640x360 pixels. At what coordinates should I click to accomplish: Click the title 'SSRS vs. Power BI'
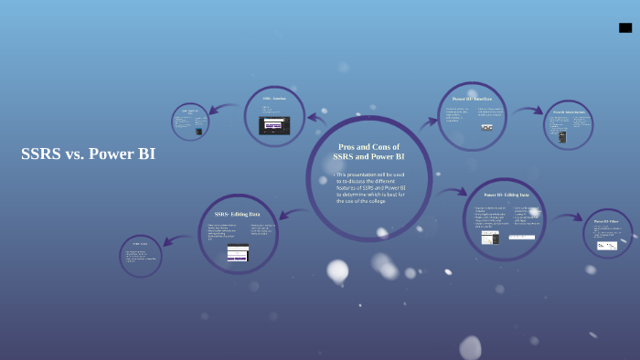tap(88, 154)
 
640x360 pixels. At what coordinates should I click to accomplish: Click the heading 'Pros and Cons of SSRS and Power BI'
tap(368, 152)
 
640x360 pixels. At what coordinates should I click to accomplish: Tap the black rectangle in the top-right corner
tap(625, 27)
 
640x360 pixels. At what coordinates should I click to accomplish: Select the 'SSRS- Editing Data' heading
tap(238, 214)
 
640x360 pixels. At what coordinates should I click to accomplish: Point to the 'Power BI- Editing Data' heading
tap(506, 195)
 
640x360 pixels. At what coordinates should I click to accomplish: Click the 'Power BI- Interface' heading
tap(472, 99)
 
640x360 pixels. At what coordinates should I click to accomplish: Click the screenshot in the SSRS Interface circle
tap(274, 125)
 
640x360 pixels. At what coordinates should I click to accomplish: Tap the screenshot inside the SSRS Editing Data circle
tap(238, 253)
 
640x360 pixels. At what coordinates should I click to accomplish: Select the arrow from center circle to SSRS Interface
tap(316, 117)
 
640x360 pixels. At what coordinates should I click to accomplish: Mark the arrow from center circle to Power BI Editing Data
tap(450, 193)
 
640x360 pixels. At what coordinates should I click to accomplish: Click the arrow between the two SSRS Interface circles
tap(225, 110)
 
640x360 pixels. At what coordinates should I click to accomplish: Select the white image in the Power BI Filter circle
tap(607, 245)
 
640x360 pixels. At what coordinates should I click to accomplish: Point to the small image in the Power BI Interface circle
tap(486, 127)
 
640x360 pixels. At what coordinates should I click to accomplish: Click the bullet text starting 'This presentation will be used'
tap(370, 186)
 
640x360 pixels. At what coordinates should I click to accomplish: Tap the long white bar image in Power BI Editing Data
tap(521, 238)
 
